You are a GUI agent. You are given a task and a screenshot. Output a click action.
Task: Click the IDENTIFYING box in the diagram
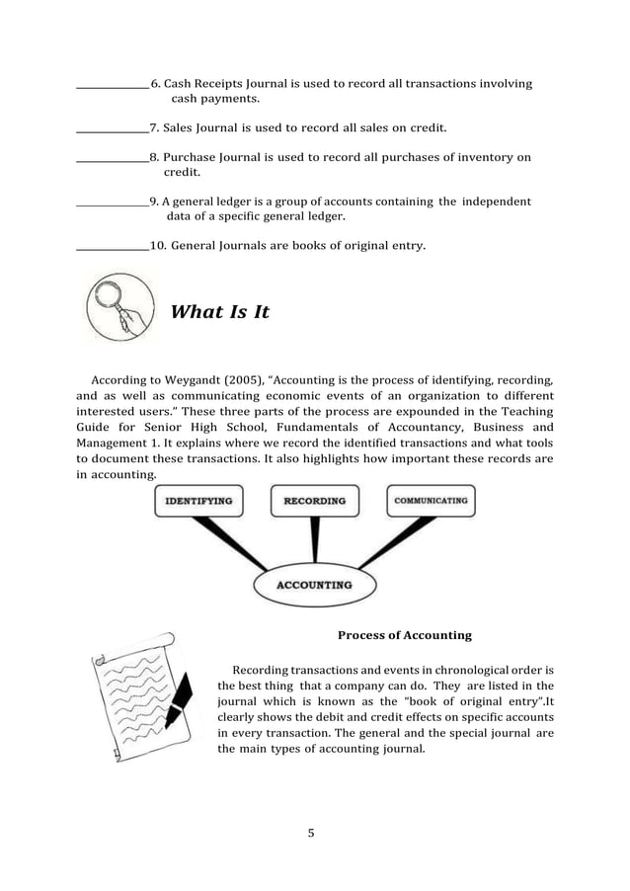click(198, 501)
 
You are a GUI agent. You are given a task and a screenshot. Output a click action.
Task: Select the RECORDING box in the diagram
click(315, 501)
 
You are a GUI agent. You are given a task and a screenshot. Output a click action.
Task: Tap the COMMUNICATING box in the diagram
click(431, 501)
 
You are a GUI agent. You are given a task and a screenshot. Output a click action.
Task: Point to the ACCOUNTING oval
click(313, 584)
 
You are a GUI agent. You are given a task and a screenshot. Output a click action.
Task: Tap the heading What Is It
click(219, 312)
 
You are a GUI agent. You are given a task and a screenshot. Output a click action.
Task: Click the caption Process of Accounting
click(404, 635)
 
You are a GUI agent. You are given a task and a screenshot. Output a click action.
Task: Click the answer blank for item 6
click(112, 87)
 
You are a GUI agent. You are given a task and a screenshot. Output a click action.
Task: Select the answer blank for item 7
click(112, 130)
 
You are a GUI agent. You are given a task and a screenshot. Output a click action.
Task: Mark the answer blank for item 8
click(112, 159)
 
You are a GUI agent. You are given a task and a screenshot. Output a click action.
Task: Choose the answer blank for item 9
click(112, 203)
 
